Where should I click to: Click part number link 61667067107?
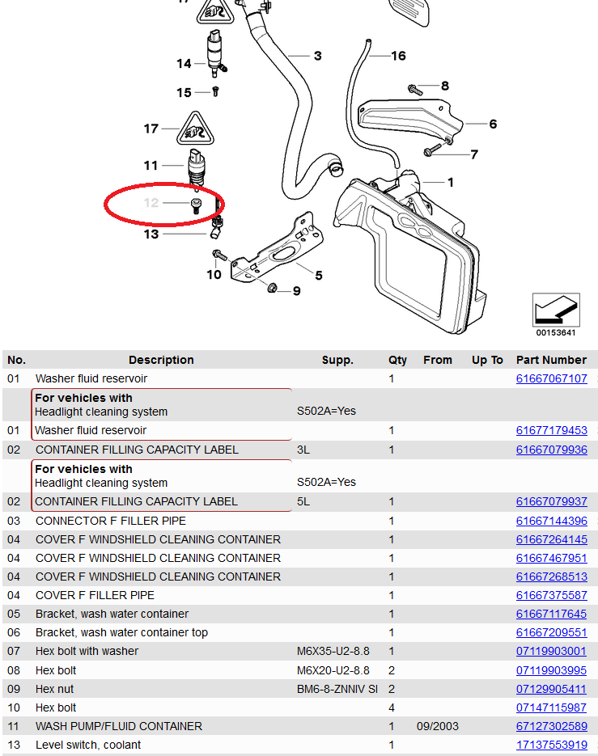pyautogui.click(x=551, y=378)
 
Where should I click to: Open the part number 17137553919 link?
pyautogui.click(x=551, y=745)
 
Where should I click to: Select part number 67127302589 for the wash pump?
pyautogui.click(x=551, y=726)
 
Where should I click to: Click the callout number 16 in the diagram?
pyautogui.click(x=398, y=56)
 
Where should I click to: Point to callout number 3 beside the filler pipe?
pyautogui.click(x=318, y=56)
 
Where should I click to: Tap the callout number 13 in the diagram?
pyautogui.click(x=151, y=234)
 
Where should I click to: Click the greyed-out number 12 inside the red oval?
pyautogui.click(x=151, y=203)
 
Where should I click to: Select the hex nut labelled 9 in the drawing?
pyautogui.click(x=273, y=288)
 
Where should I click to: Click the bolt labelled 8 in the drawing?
pyautogui.click(x=414, y=88)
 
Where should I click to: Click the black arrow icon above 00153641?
pyautogui.click(x=556, y=310)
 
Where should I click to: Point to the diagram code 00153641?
pyautogui.click(x=556, y=332)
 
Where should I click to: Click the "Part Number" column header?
pyautogui.click(x=551, y=360)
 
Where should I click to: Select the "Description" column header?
pyautogui.click(x=161, y=360)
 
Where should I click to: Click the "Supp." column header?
pyautogui.click(x=337, y=360)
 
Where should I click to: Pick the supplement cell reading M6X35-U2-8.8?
pyautogui.click(x=333, y=651)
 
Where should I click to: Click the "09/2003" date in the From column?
pyautogui.click(x=438, y=726)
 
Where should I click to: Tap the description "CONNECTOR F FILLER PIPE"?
pyautogui.click(x=111, y=521)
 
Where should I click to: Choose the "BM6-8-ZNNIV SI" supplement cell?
pyautogui.click(x=337, y=689)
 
